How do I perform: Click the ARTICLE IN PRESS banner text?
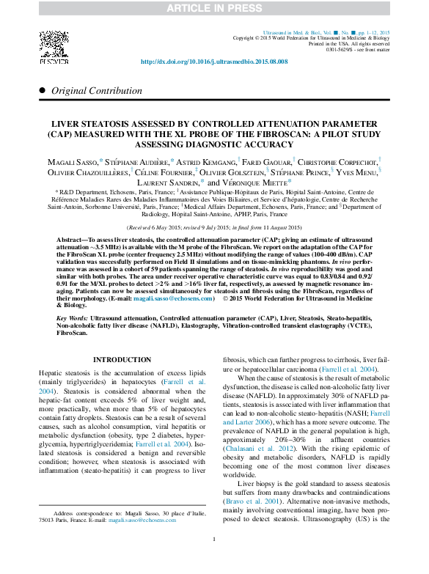[x=214, y=8]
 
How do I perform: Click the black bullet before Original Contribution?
[x=42, y=89]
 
